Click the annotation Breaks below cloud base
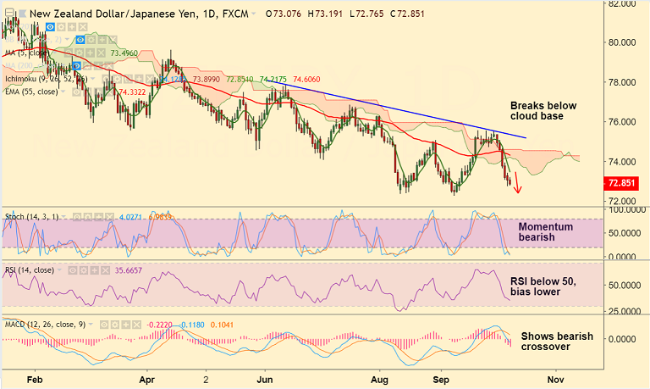pyautogui.click(x=543, y=111)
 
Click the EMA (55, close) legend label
pyautogui.click(x=30, y=92)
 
